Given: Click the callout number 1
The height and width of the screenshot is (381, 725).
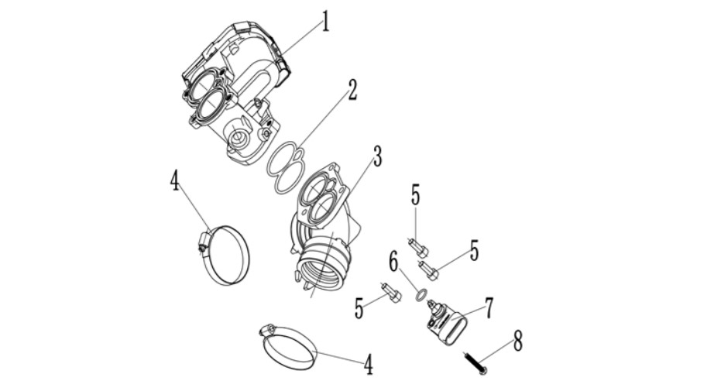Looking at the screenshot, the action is tap(325, 21).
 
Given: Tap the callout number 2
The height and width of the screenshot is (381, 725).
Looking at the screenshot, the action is tap(352, 90).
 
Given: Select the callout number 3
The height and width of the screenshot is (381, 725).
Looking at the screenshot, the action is tap(377, 156).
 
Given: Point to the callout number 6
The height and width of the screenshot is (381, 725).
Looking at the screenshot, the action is tap(393, 263).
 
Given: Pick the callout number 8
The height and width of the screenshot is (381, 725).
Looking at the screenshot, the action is tap(517, 342).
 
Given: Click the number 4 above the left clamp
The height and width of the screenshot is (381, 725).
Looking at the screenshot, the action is tap(174, 180).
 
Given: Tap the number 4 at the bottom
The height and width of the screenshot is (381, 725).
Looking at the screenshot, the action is tap(368, 365).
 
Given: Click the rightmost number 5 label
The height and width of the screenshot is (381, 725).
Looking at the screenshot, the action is tap(474, 250).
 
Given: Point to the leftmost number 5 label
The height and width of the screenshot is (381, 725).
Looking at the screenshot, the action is tap(359, 308).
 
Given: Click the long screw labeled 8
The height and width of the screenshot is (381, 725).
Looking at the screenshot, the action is tap(474, 363).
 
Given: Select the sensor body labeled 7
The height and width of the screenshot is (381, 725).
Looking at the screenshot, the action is tap(445, 322).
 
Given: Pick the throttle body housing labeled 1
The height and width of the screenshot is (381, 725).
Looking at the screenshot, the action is tap(235, 92).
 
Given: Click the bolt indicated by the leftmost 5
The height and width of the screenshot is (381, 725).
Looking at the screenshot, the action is tap(391, 292).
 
